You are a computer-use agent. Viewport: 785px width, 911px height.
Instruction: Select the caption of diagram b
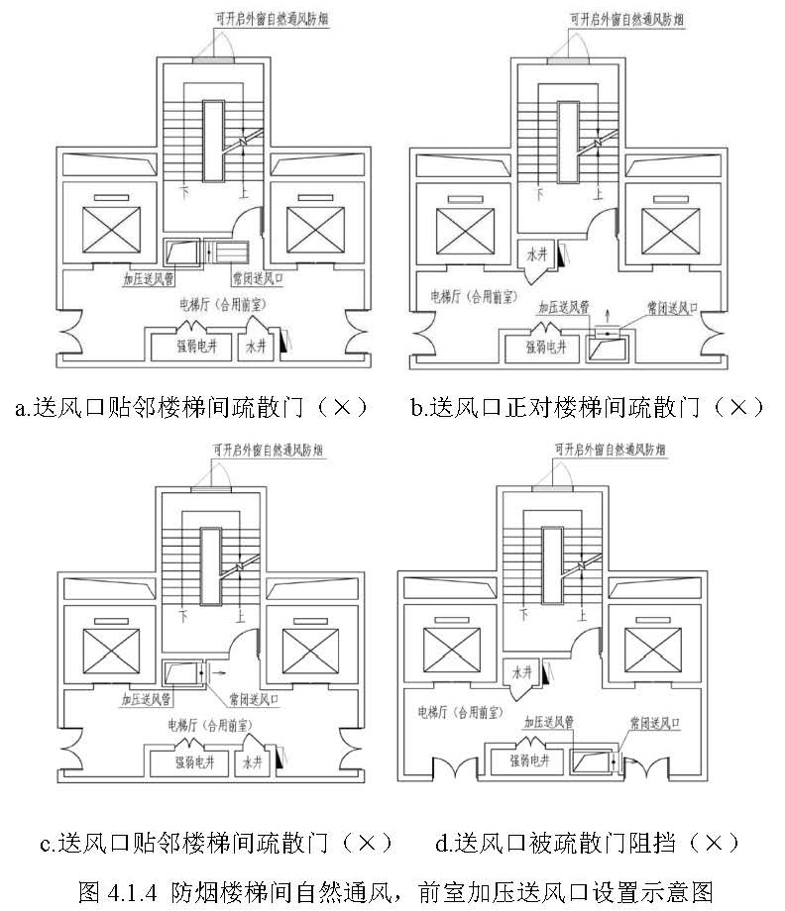coord(587,407)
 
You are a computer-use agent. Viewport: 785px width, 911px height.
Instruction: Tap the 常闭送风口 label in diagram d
coord(654,722)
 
